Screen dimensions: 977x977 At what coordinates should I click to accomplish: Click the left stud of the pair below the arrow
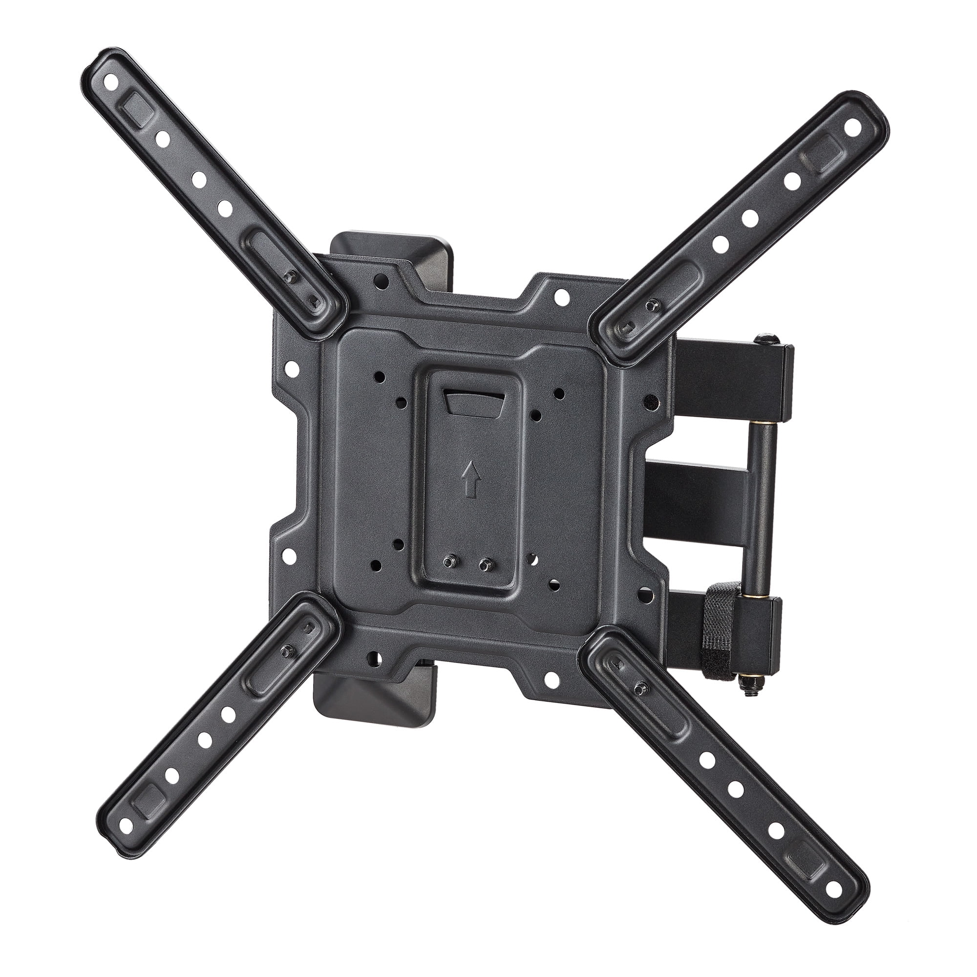448,562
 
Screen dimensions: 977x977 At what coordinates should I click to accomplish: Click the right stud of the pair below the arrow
486,563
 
